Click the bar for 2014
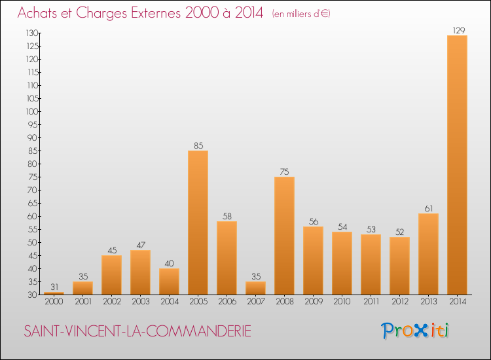[x=457, y=165]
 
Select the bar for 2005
[x=198, y=223]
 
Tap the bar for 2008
[x=284, y=236]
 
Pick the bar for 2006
[x=227, y=258]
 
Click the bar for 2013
[x=428, y=254]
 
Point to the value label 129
[x=457, y=29]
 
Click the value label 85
[x=198, y=145]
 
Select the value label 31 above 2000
[x=54, y=287]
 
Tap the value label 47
[x=140, y=245]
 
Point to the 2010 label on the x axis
[x=342, y=301]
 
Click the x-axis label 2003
[x=140, y=301]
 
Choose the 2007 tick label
[x=255, y=301]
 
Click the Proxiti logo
[x=416, y=331]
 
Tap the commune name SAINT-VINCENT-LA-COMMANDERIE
[x=137, y=332]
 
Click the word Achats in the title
[x=41, y=13]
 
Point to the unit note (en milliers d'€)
[x=300, y=14]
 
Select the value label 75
[x=284, y=171]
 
